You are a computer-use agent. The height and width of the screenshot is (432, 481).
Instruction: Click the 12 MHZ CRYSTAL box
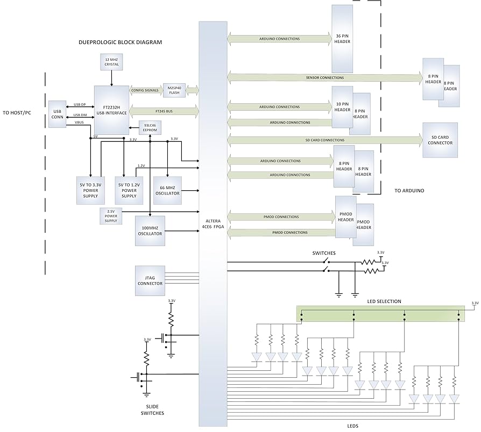(x=111, y=62)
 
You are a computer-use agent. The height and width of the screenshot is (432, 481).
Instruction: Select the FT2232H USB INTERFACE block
(x=111, y=110)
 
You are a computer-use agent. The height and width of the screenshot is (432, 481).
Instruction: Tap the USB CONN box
(x=57, y=114)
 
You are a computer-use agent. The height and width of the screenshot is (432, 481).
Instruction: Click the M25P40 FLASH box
(x=174, y=90)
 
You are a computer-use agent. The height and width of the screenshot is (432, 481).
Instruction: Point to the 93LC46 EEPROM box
(x=150, y=128)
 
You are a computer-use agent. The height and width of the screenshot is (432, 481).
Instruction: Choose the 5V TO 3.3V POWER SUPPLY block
(x=90, y=190)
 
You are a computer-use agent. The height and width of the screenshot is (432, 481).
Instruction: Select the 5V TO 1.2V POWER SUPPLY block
(x=129, y=190)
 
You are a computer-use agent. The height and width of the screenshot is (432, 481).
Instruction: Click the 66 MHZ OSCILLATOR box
(x=167, y=190)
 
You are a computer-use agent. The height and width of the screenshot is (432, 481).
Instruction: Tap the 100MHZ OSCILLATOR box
(x=148, y=231)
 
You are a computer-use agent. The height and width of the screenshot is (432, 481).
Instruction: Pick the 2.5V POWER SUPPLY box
(x=110, y=216)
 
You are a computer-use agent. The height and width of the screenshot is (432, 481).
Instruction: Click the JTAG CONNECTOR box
(x=150, y=280)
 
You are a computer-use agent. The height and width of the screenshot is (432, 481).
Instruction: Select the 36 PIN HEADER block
(x=342, y=39)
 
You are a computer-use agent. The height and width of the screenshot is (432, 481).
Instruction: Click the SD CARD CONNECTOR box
(x=440, y=140)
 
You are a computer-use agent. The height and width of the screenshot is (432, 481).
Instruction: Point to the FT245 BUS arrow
(x=164, y=111)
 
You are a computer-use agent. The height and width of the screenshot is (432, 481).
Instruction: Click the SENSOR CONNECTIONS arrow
(x=326, y=78)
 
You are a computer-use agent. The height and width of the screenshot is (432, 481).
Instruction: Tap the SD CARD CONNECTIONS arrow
(x=326, y=140)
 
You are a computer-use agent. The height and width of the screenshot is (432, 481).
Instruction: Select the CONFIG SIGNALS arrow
(x=145, y=90)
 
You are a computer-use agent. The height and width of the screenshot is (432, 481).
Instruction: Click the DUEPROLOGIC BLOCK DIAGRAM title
(x=120, y=42)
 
